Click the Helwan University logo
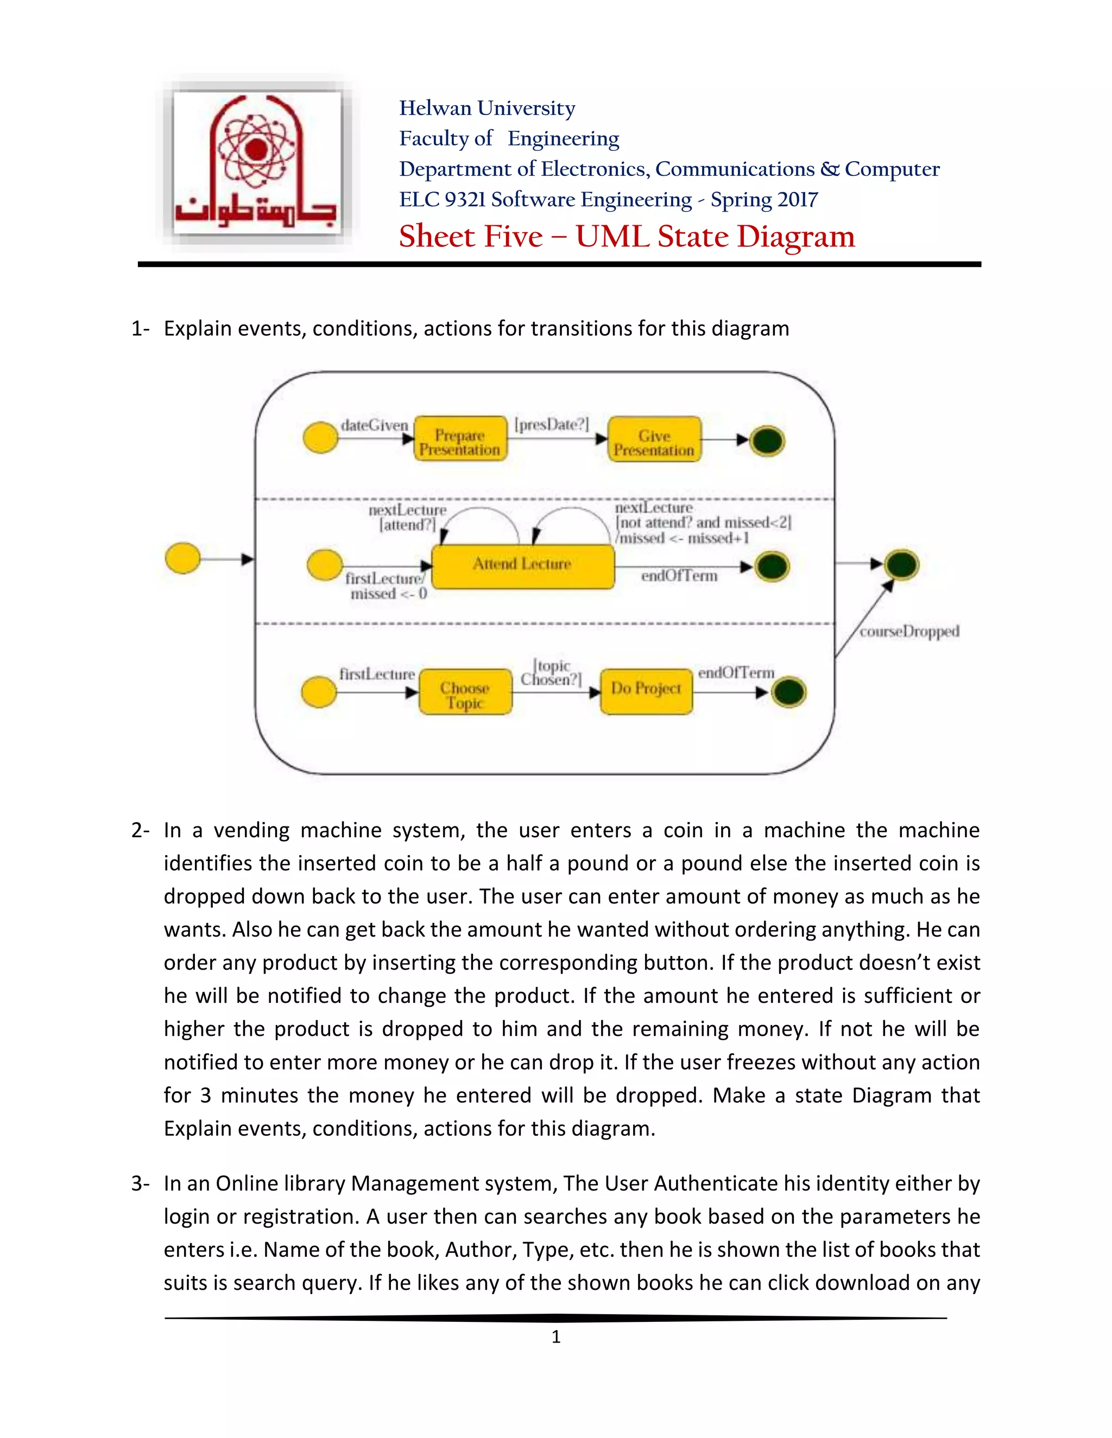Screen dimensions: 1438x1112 [x=257, y=163]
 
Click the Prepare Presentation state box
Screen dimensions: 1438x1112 [x=460, y=439]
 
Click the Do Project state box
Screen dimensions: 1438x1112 [x=646, y=690]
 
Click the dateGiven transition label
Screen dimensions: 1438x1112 [x=374, y=425]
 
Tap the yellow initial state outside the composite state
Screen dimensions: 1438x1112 [x=182, y=559]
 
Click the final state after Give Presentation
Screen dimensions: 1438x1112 [x=767, y=441]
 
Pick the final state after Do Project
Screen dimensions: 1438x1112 [x=788, y=692]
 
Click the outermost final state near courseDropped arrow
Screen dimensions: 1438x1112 [x=901, y=565]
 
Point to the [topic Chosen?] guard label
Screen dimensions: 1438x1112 [x=552, y=673]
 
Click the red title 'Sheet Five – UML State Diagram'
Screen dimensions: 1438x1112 [x=627, y=237]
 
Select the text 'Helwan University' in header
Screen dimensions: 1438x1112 [x=487, y=109]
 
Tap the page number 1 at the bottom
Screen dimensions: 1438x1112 [x=556, y=1337]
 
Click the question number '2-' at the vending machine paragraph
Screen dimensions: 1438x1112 [x=140, y=830]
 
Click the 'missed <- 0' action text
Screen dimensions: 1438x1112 [x=388, y=594]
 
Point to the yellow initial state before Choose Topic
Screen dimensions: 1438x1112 [x=319, y=692]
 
